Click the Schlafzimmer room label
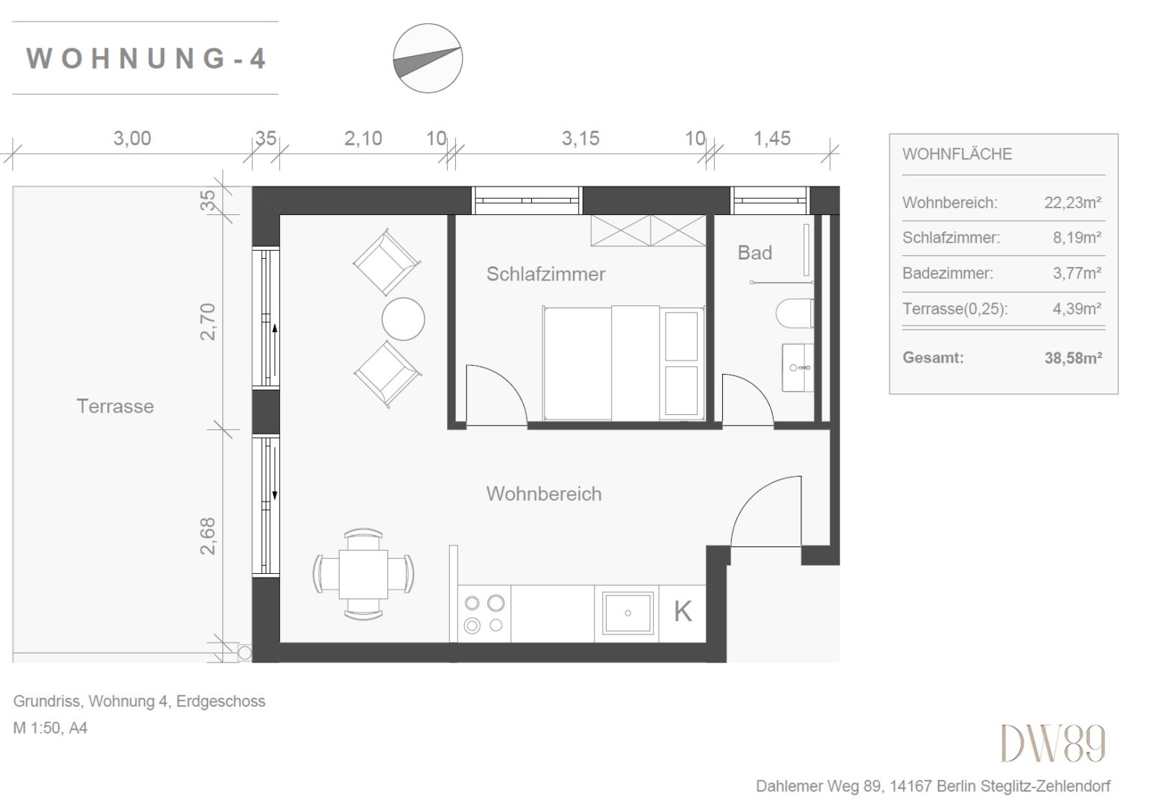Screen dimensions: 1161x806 (x=545, y=274)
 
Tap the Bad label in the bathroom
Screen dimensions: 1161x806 (x=754, y=253)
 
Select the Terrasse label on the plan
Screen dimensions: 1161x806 (x=115, y=407)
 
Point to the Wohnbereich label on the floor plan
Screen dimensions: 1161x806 (x=544, y=494)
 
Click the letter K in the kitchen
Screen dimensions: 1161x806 (x=683, y=612)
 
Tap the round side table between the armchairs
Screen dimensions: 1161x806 (x=403, y=319)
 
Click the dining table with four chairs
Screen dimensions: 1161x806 (x=363, y=574)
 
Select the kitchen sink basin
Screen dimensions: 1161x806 (x=628, y=613)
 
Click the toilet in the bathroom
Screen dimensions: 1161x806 (x=795, y=313)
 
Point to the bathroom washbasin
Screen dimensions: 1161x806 (x=798, y=367)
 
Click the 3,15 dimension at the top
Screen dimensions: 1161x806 (x=580, y=138)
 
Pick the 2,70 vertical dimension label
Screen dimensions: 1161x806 (x=207, y=322)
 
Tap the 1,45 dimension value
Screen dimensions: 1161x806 (x=772, y=138)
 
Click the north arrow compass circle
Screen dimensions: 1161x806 (x=428, y=58)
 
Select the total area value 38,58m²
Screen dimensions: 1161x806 (x=1073, y=358)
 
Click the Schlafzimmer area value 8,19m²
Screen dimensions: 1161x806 (x=1077, y=238)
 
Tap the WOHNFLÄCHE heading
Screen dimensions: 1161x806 (x=957, y=154)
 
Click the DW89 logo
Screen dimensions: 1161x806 (x=1053, y=743)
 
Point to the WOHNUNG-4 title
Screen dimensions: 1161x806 (x=146, y=58)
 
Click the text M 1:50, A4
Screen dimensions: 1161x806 (x=50, y=728)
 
